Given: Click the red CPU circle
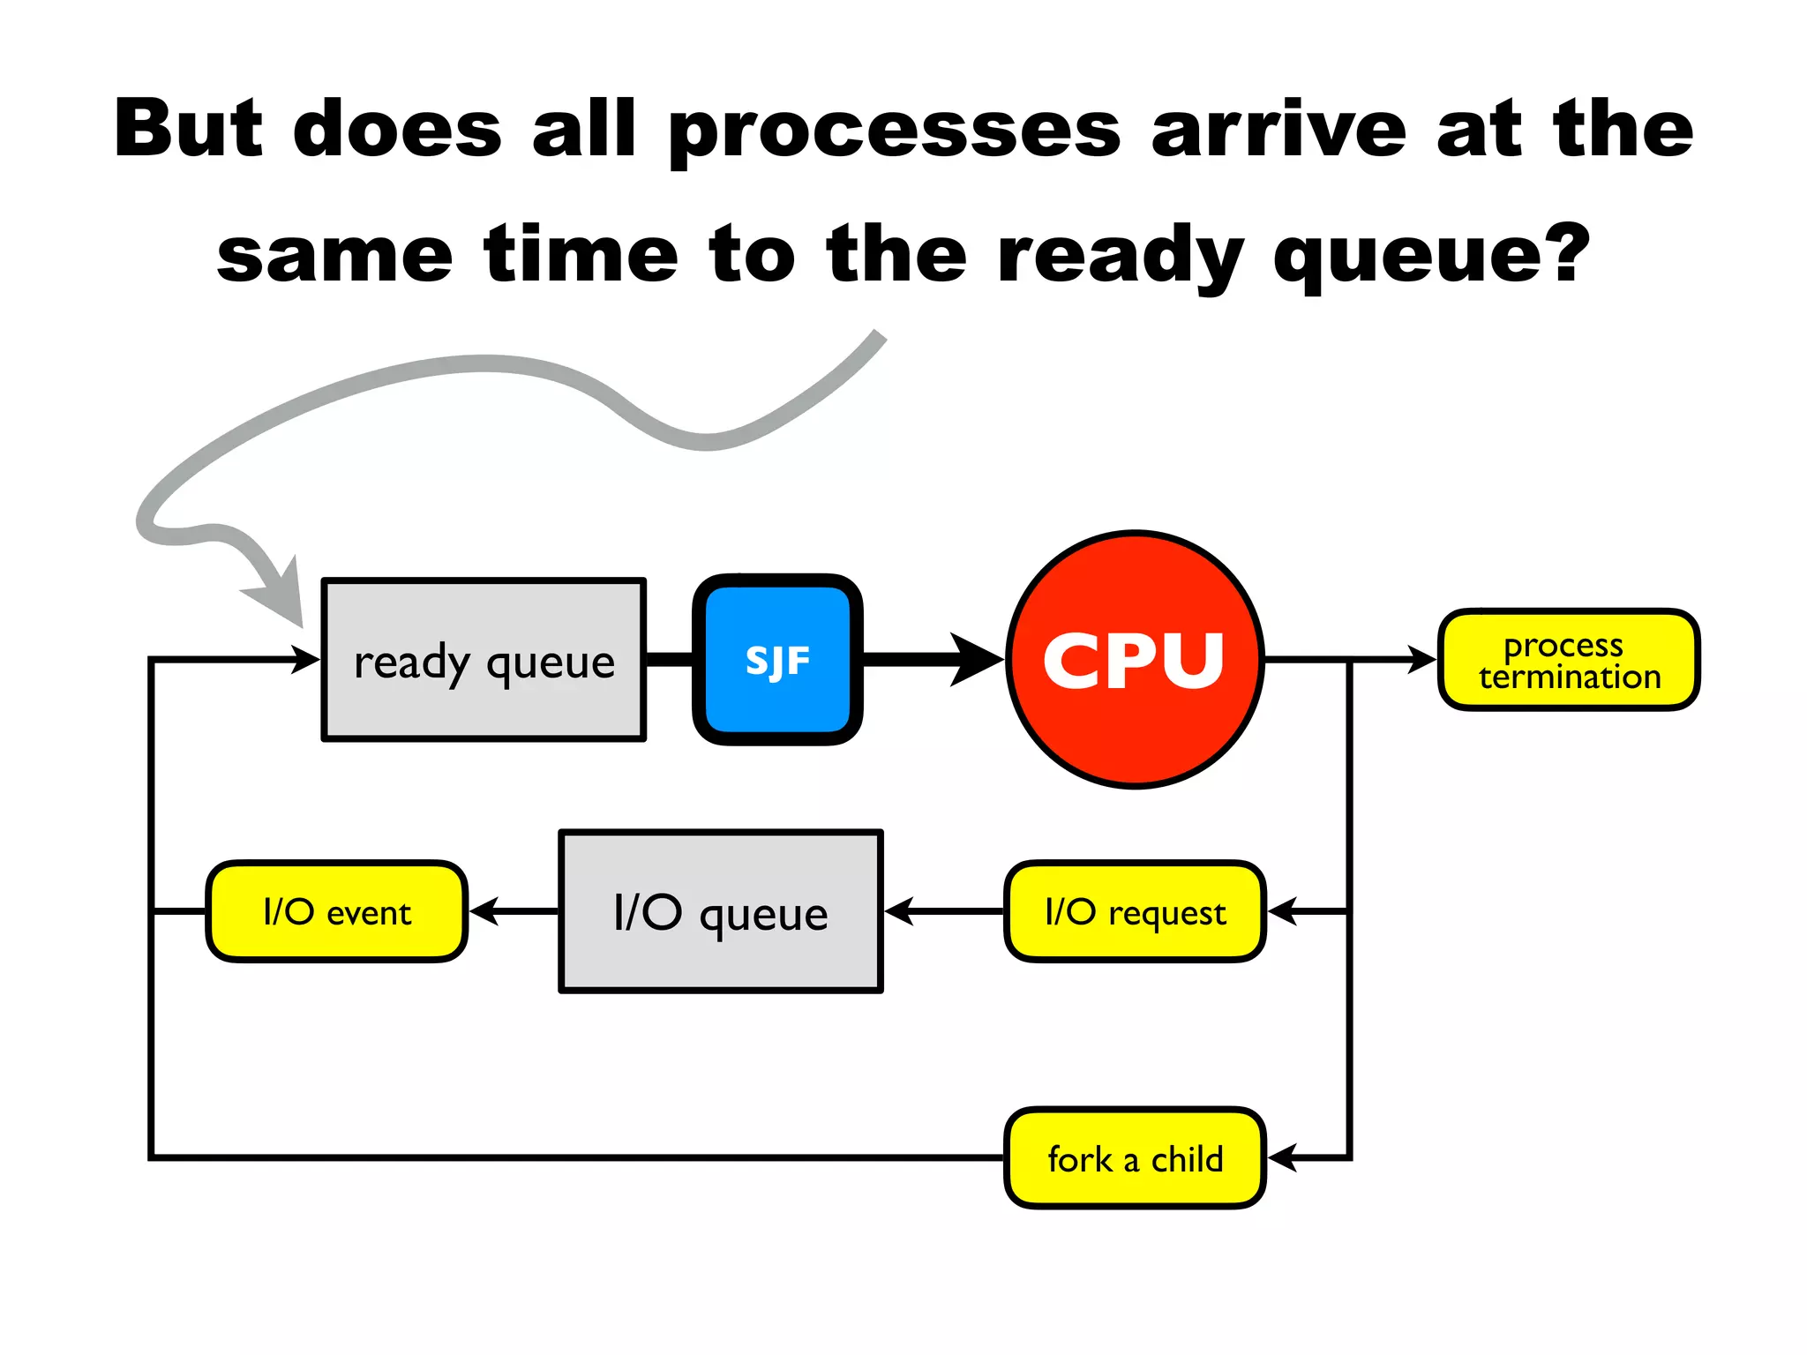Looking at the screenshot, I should pos(1135,660).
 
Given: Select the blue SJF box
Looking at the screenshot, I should pos(777,660).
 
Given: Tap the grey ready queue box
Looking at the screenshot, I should pos(484,660).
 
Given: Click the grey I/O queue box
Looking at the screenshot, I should pos(721,911).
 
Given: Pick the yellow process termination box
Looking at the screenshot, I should pos(1569,660).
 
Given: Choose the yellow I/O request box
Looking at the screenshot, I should pos(1135,911).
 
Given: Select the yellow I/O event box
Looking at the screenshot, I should pos(336,911).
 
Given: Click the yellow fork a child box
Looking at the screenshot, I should pos(1135,1158).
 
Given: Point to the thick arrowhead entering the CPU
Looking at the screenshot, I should pos(976,659).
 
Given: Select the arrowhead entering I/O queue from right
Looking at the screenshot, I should pos(899,910).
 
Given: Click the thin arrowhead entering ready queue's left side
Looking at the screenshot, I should pos(306,659).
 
